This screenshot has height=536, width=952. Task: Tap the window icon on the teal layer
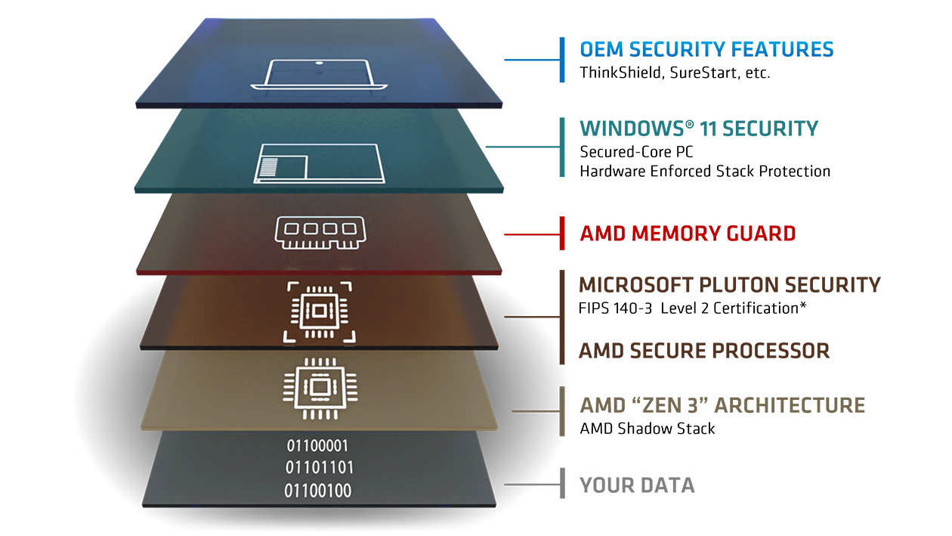(x=318, y=163)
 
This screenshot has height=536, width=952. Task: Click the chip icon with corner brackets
(x=318, y=311)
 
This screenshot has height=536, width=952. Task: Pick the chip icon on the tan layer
(x=318, y=389)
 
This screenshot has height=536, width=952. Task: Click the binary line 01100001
(x=317, y=445)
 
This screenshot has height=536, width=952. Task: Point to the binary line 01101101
(x=318, y=467)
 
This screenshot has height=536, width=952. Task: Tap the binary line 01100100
(x=317, y=491)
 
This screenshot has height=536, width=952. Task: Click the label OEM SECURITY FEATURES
(x=706, y=50)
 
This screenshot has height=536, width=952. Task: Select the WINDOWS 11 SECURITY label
(x=698, y=129)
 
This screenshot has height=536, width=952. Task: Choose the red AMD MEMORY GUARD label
(x=687, y=234)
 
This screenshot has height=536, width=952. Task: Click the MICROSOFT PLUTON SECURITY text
(x=729, y=285)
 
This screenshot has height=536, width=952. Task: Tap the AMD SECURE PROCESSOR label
(x=703, y=351)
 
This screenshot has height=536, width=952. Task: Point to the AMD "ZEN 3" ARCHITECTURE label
(x=722, y=405)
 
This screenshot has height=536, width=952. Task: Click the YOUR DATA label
(x=636, y=485)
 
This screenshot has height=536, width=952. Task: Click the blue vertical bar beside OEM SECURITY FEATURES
(x=562, y=60)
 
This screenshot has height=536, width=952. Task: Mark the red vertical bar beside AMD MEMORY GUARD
(x=561, y=234)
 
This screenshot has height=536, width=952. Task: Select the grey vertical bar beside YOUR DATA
(x=561, y=483)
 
